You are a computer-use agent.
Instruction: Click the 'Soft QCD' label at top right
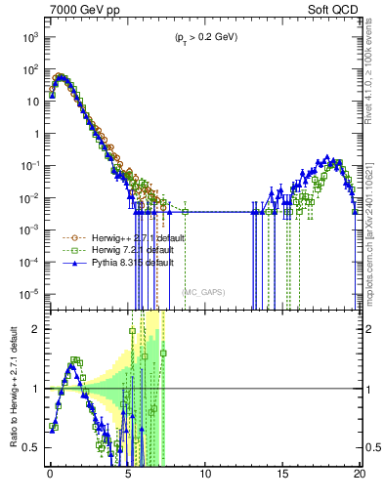335,9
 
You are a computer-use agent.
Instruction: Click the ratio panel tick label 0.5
34,447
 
